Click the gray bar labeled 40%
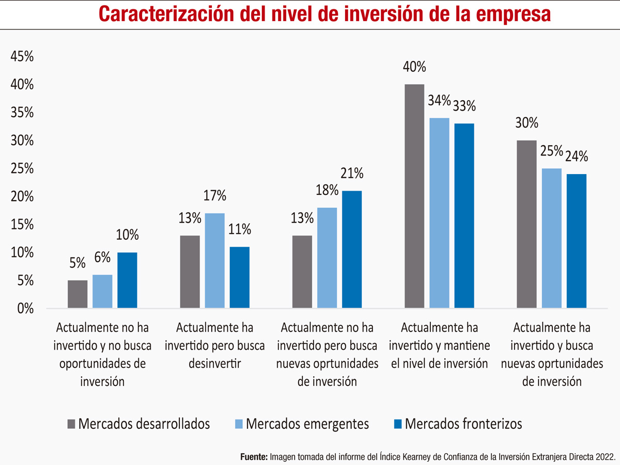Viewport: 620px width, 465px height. point(414,196)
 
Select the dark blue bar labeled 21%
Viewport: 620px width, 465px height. point(352,250)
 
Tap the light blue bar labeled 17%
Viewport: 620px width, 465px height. point(215,261)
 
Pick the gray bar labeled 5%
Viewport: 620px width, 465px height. point(78,295)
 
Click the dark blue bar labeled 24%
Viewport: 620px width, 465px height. point(577,241)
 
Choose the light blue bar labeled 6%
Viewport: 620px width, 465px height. point(102,292)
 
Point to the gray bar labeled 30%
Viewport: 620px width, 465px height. point(526,224)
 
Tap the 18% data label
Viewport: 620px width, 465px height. point(327,190)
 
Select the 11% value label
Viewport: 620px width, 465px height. point(240,229)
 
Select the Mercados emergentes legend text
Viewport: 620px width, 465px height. point(307,424)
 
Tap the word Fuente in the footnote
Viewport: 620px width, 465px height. point(254,457)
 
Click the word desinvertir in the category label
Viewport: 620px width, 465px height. point(214,363)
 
